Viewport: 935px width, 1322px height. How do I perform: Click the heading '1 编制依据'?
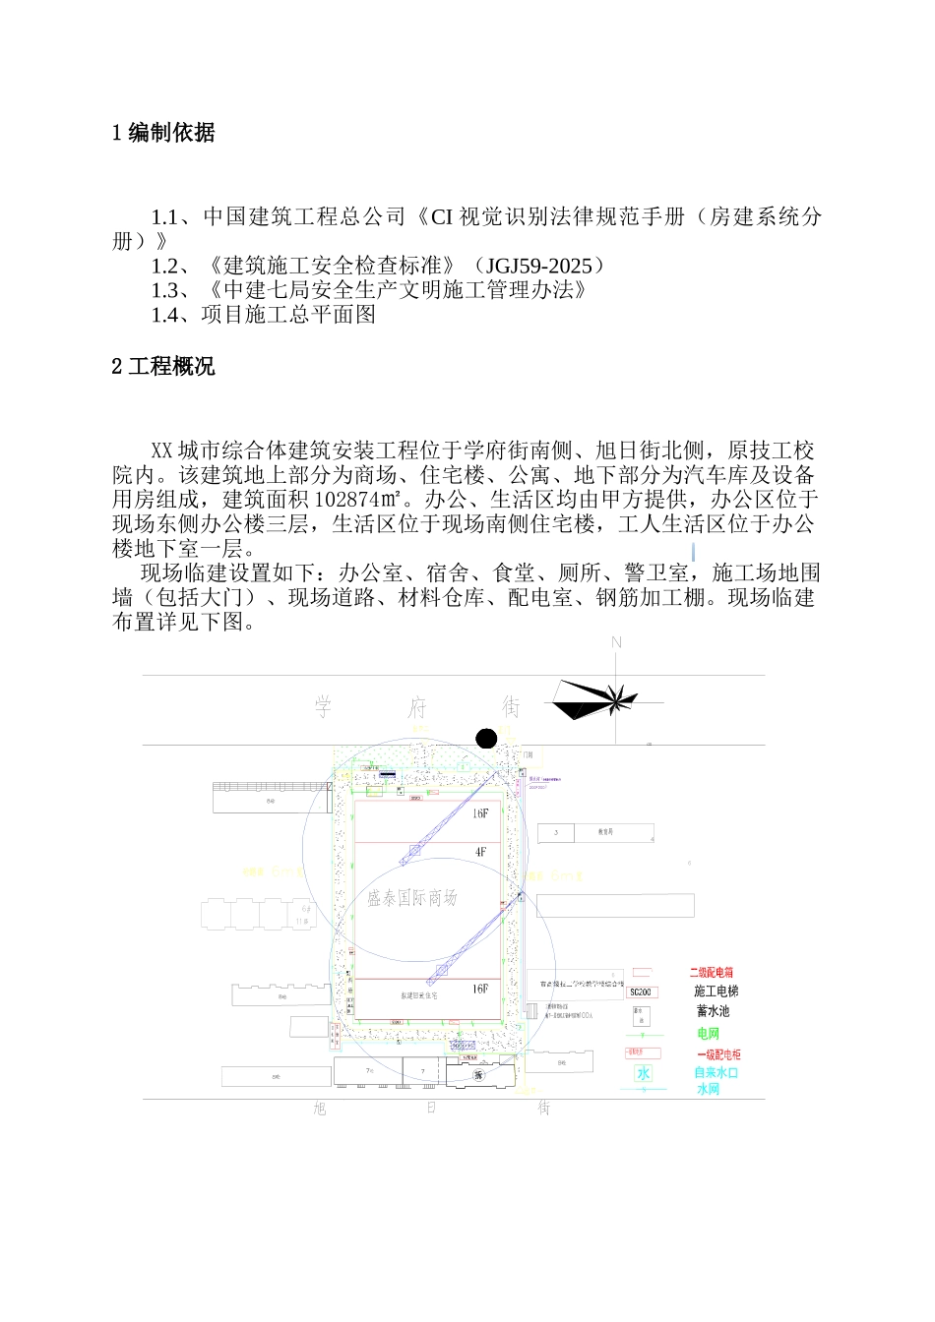pos(163,133)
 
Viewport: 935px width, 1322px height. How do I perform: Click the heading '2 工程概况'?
pos(163,367)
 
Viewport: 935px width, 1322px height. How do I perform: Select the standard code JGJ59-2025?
pos(539,266)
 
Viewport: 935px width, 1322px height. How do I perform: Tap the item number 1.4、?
pos(174,315)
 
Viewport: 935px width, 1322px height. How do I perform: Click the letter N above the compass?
pos(617,642)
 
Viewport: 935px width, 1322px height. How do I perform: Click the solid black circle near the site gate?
pos(486,739)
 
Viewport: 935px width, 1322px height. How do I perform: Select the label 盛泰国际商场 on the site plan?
pos(412,897)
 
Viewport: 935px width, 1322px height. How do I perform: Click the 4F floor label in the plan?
pos(480,852)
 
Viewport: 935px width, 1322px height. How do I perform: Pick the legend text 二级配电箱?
pos(711,972)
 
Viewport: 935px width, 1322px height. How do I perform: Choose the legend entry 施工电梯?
pos(716,991)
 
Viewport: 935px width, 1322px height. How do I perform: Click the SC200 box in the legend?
pos(642,992)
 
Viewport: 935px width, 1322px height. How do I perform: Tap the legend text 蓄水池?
pos(713,1011)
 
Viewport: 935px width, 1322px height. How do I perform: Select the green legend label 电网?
pos(708,1034)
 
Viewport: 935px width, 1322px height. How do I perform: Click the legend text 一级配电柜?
pos(718,1054)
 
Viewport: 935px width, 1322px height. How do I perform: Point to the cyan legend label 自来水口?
pos(716,1073)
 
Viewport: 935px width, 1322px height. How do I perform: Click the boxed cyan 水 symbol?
pos(643,1073)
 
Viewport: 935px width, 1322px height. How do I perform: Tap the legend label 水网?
pos(708,1090)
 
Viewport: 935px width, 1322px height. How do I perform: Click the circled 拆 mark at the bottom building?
pos(479,1075)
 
